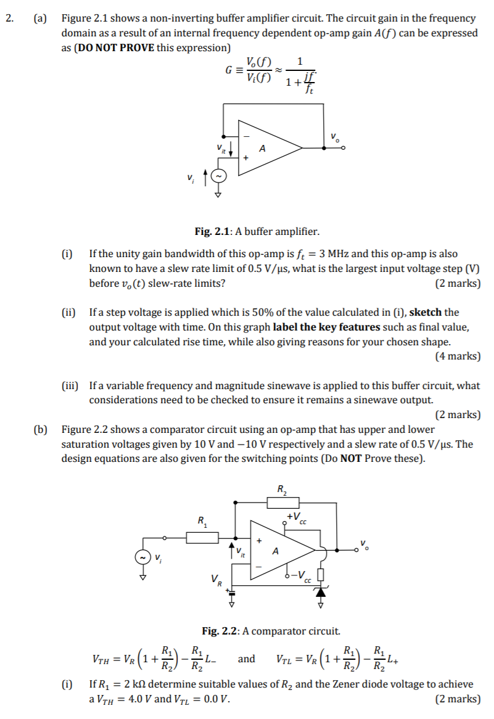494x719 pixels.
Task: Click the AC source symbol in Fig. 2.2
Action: click(x=143, y=557)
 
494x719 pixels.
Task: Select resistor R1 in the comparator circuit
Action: click(x=202, y=538)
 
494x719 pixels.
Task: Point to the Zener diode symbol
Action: click(x=320, y=592)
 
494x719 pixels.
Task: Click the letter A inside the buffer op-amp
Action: click(x=263, y=149)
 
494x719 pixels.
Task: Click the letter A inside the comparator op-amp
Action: click(x=276, y=551)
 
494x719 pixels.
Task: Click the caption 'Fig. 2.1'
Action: click(x=213, y=232)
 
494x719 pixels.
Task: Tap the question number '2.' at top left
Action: click(x=9, y=18)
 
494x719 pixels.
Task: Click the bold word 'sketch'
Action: click(x=426, y=313)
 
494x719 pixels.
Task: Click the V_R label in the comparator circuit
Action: click(x=215, y=580)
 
